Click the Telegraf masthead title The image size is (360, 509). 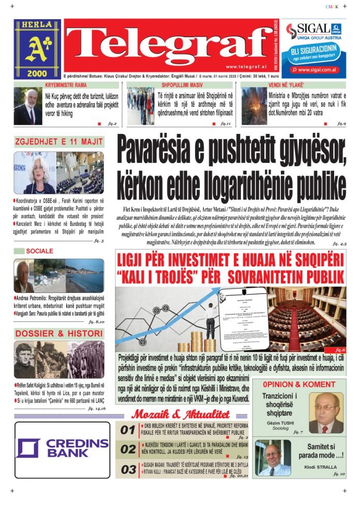tap(169, 42)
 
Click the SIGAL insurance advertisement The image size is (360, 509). tap(314, 49)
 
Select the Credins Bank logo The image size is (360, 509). tap(62, 448)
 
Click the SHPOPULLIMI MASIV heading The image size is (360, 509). tap(182, 85)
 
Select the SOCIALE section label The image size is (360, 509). tap(39, 251)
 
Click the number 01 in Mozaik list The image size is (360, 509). tap(128, 430)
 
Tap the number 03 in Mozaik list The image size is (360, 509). tap(128, 470)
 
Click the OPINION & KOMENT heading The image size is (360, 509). tap(298, 384)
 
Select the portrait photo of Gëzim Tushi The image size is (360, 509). tap(326, 412)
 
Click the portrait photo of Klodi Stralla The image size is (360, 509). tap(273, 457)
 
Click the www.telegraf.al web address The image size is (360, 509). tap(245, 67)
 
